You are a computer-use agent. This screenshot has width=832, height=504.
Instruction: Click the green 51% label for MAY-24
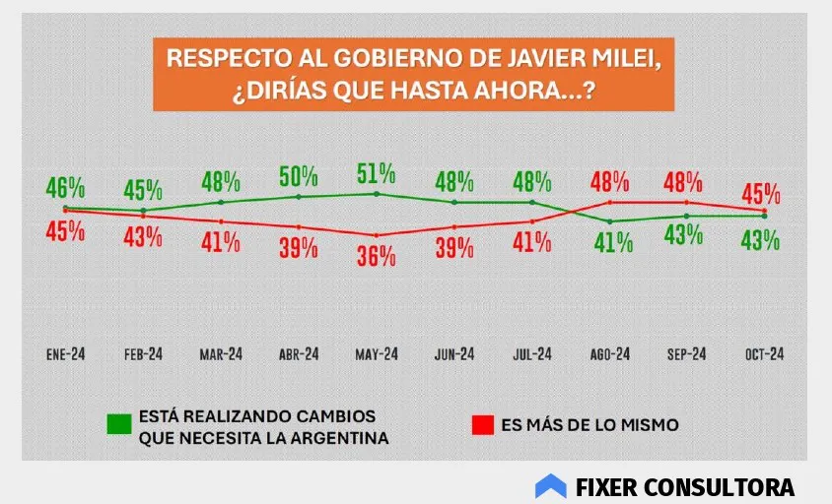click(x=376, y=175)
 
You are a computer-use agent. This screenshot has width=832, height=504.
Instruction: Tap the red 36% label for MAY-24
click(x=376, y=256)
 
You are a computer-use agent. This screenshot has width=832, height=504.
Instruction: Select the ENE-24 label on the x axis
click(x=66, y=354)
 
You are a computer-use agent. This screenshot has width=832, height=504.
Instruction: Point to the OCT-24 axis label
click(x=763, y=354)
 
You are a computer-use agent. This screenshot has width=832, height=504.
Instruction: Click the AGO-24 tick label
click(x=609, y=354)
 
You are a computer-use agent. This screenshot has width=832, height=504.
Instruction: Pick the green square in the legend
click(x=119, y=425)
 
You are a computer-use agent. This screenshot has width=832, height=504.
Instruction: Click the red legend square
click(x=482, y=425)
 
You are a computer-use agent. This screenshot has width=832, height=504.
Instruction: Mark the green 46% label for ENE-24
click(x=65, y=187)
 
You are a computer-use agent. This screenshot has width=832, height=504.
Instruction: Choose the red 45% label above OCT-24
click(x=763, y=193)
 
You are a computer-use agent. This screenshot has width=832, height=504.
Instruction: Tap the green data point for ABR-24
click(x=299, y=197)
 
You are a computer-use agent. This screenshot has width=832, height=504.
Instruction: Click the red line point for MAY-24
click(x=376, y=235)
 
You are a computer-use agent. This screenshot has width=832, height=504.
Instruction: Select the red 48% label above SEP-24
click(x=686, y=182)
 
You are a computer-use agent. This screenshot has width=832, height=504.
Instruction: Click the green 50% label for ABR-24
click(x=298, y=177)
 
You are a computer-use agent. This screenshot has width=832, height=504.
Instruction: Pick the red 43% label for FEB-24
click(x=143, y=237)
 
